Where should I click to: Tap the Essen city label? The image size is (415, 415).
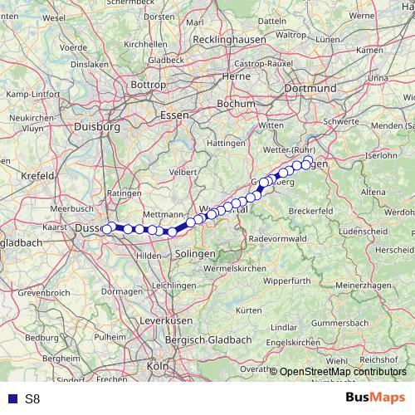(175, 115)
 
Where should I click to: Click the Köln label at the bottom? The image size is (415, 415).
(157, 365)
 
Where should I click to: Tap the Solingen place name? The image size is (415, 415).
(196, 253)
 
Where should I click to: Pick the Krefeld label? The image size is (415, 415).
(38, 176)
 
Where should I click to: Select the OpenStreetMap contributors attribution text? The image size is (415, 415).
(344, 373)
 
